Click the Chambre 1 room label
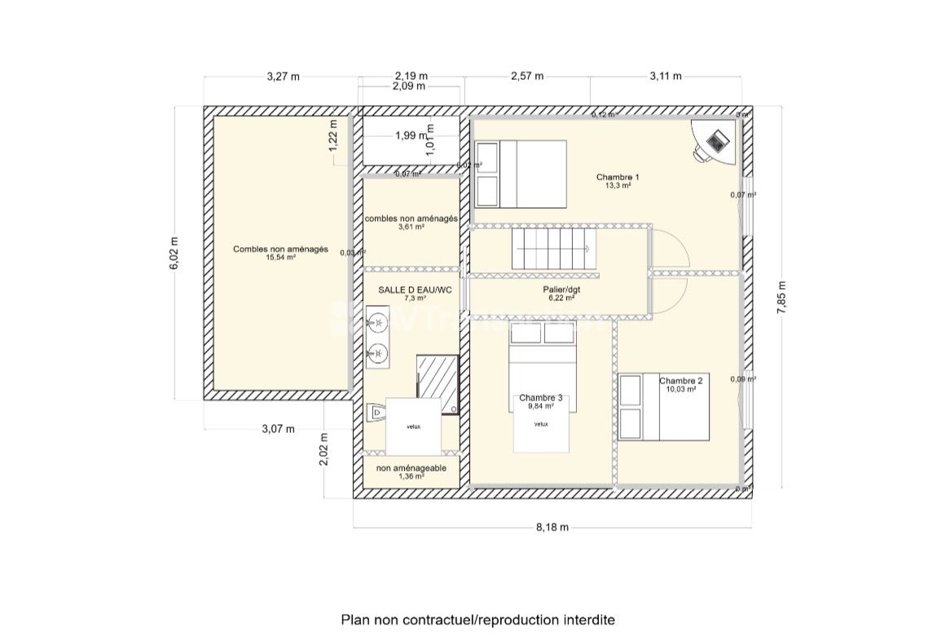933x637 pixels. (x=618, y=177)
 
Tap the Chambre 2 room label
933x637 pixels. (x=680, y=381)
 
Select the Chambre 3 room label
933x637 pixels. (x=540, y=398)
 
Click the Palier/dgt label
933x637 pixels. (x=561, y=290)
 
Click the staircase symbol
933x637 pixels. (x=555, y=249)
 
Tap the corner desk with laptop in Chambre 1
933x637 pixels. (x=712, y=140)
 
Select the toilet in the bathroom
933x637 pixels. (x=376, y=414)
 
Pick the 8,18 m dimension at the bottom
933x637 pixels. (x=552, y=527)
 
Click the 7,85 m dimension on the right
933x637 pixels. (x=781, y=302)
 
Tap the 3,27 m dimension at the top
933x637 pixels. (x=283, y=77)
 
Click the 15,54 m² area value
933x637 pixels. (x=279, y=258)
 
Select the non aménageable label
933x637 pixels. (x=411, y=468)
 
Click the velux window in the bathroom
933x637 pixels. (x=414, y=427)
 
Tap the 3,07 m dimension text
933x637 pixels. (x=278, y=429)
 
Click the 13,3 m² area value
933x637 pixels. (x=618, y=186)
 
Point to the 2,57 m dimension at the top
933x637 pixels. (x=526, y=77)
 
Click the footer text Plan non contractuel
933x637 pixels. (x=477, y=620)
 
